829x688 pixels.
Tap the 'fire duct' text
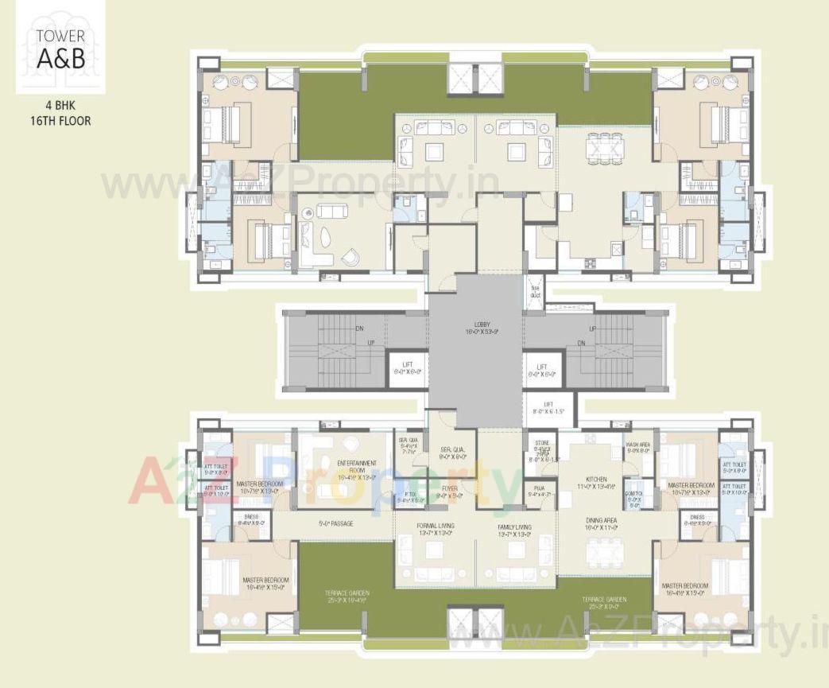click(535, 293)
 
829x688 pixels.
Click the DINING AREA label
click(602, 523)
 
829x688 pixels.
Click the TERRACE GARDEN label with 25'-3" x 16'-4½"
click(346, 597)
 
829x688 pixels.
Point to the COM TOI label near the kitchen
click(634, 498)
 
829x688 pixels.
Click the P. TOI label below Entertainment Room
click(409, 498)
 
